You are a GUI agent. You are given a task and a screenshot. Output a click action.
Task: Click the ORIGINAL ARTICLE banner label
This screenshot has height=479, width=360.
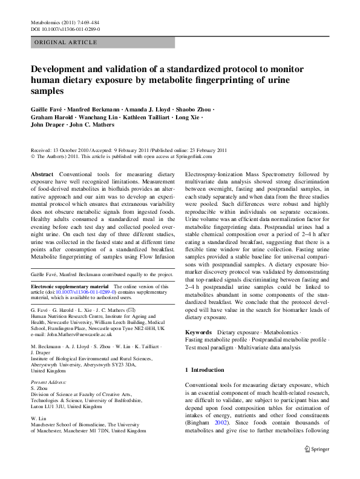(66, 42)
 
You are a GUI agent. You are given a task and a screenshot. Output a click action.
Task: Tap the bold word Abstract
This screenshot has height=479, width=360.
(42, 174)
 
